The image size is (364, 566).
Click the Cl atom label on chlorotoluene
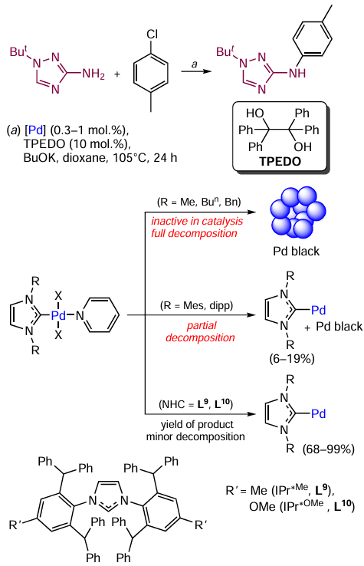(x=152, y=34)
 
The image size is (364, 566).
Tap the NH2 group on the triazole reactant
(x=93, y=74)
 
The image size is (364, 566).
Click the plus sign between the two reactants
(x=117, y=74)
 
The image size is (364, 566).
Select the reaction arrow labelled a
(x=196, y=71)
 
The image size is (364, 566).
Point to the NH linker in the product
(x=297, y=74)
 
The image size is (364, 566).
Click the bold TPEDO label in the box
(x=280, y=161)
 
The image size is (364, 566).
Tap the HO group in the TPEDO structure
(x=254, y=114)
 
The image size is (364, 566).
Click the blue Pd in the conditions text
(x=35, y=130)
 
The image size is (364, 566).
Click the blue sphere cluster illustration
(x=297, y=212)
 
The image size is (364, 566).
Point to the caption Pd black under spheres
(x=296, y=251)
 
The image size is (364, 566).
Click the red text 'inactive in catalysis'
(x=197, y=221)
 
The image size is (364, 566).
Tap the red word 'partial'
(x=202, y=326)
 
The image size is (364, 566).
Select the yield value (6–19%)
(x=292, y=359)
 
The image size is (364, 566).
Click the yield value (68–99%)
(x=328, y=449)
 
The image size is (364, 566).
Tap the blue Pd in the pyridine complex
(x=58, y=315)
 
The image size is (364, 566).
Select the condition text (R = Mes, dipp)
(x=197, y=306)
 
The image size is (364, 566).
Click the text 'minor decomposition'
(x=195, y=437)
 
